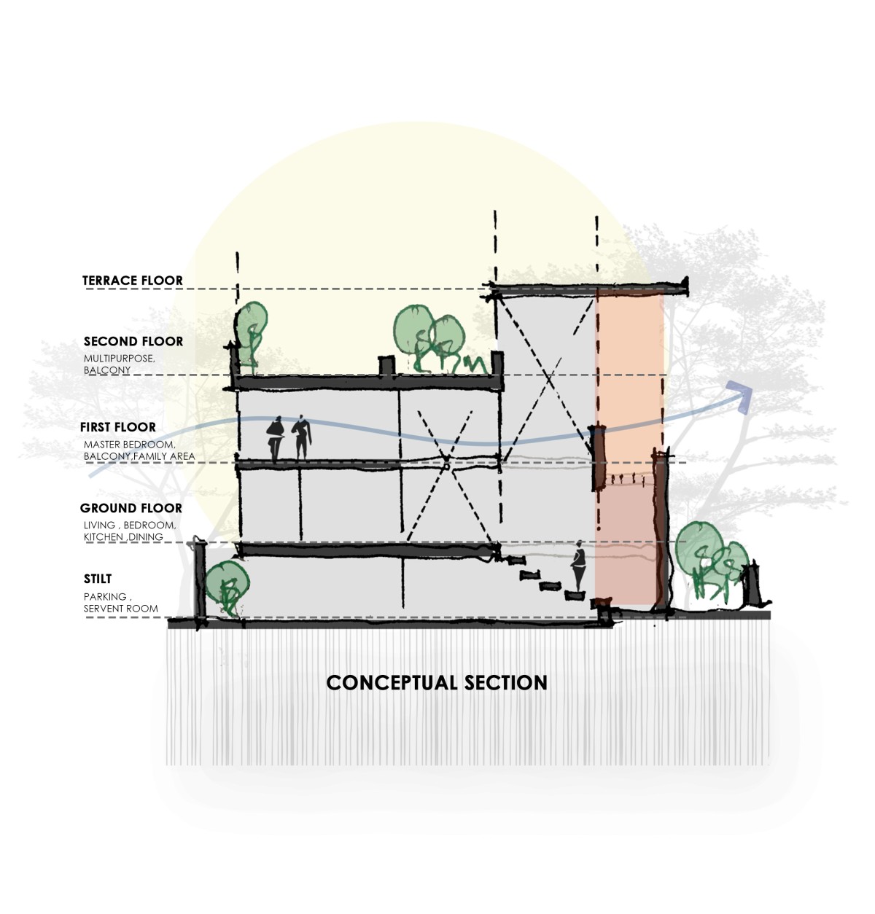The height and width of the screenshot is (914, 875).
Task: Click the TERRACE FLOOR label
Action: coord(132,281)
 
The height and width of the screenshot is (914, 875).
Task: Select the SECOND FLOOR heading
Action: coord(133,341)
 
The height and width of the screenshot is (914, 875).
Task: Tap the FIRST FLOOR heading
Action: coord(117,427)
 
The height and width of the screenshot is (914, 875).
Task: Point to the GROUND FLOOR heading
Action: coord(131,508)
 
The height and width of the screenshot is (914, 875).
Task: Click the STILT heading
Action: coord(98,579)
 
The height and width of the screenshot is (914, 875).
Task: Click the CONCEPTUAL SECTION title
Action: coord(436,683)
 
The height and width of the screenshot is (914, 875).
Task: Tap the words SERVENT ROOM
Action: coord(120,609)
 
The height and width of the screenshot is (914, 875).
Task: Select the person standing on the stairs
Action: coord(579,566)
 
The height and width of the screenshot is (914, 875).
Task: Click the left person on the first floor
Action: coord(275,439)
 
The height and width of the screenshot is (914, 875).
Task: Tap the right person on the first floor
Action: coord(300,438)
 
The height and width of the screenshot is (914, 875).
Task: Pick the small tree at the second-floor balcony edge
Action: coord(252,328)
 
